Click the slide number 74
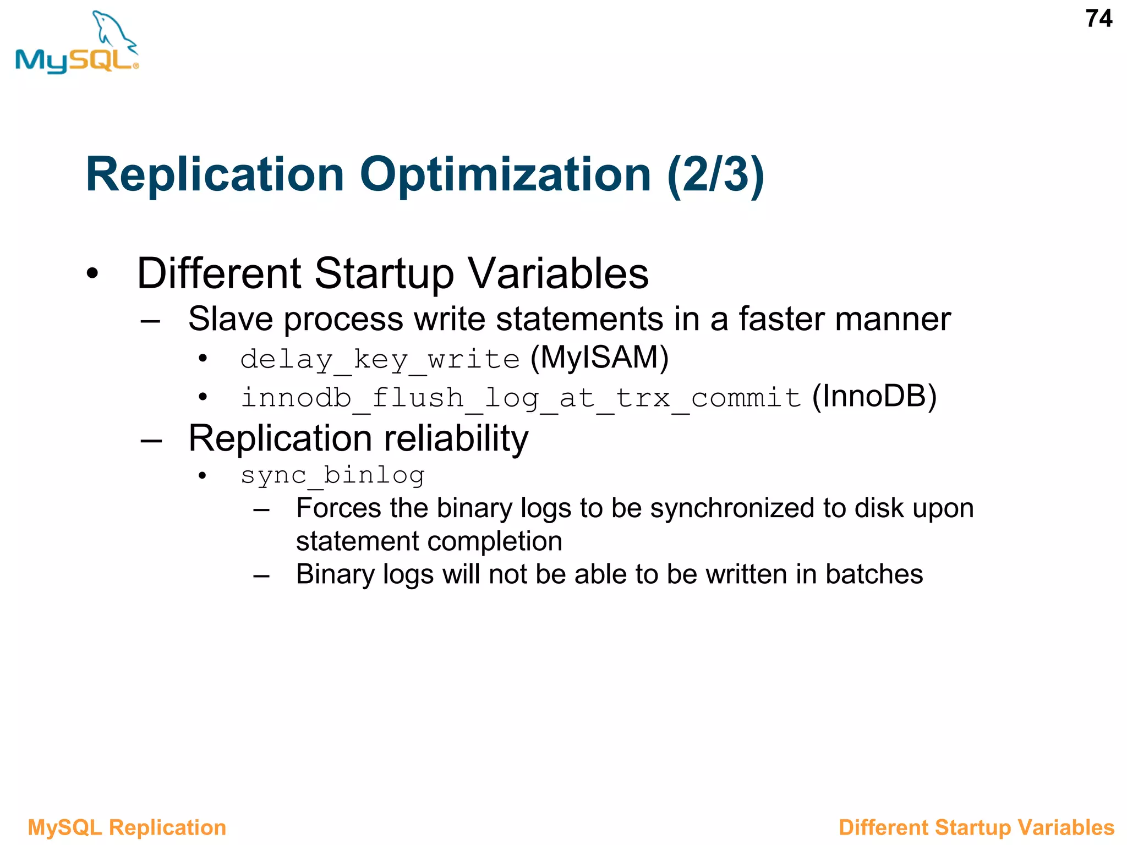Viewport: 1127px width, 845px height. click(x=1098, y=19)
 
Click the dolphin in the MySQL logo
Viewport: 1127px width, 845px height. click(x=114, y=31)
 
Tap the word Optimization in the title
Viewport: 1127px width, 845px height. click(x=505, y=175)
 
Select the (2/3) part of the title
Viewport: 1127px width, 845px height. click(x=715, y=175)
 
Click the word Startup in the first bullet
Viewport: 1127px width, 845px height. click(x=384, y=273)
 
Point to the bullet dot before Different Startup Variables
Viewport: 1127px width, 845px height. click(x=92, y=273)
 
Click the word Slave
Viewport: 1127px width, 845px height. click(x=231, y=319)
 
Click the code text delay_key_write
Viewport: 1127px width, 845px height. click(x=380, y=360)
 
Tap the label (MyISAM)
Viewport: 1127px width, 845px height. click(x=599, y=358)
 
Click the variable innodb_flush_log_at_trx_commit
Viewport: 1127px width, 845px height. click(x=521, y=398)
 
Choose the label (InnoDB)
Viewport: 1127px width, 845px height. click(x=874, y=396)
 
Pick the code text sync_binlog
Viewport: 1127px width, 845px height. click(x=332, y=475)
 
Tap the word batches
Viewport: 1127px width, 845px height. click(x=873, y=574)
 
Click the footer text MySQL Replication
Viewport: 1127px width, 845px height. click(x=127, y=827)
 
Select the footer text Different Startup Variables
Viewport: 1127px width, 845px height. click(x=976, y=827)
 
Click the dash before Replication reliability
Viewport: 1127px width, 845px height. click(x=151, y=440)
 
